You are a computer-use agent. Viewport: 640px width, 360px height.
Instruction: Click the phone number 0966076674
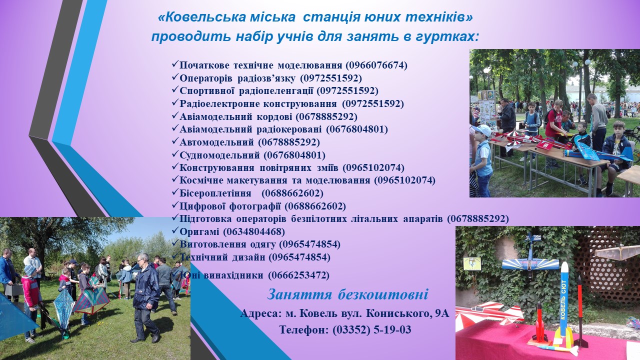pos(376,65)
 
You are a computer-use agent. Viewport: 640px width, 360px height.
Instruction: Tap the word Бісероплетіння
pos(215,193)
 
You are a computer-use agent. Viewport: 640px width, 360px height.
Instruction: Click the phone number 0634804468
pos(253,231)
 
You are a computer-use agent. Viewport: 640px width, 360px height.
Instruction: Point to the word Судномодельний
pos(219,155)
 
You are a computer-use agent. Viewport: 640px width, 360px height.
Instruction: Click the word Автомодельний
pos(216,142)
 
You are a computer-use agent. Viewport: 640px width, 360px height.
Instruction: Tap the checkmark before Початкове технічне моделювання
pos(175,64)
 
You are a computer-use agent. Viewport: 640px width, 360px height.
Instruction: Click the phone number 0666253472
pos(298,275)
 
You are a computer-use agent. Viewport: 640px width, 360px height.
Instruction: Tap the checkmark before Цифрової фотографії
pos(175,204)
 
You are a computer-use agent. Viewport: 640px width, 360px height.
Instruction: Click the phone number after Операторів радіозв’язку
pos(331,78)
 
